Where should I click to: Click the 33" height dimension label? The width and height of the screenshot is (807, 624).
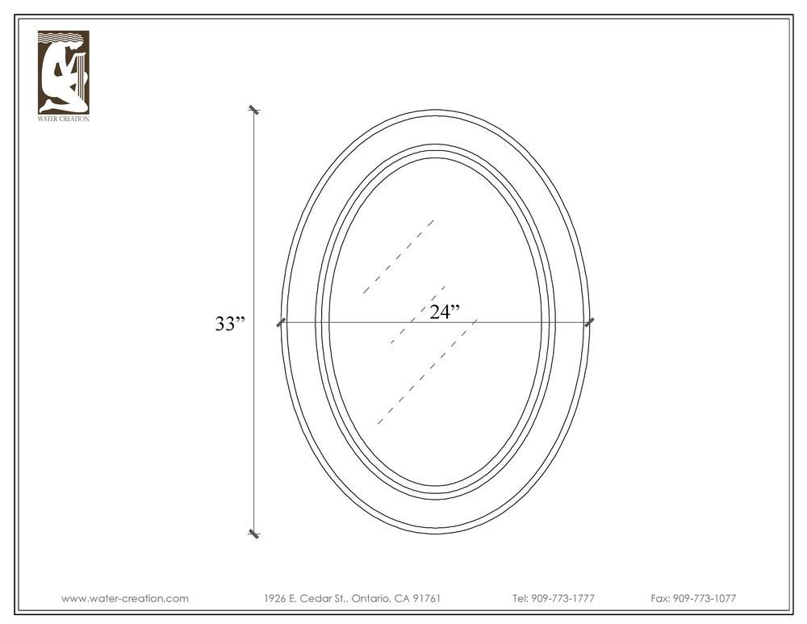click(x=230, y=324)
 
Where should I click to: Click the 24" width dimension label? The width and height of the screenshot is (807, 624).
click(x=445, y=312)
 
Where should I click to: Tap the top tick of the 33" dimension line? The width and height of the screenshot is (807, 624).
click(x=253, y=110)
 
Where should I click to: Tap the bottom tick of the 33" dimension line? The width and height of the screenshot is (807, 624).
click(x=253, y=534)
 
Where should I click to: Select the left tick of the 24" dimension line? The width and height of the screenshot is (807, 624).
click(x=281, y=323)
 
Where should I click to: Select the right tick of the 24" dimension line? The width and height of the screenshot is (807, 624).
click(x=589, y=323)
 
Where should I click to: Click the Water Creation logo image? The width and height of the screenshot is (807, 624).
click(x=63, y=72)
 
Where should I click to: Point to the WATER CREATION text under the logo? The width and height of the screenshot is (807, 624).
click(x=63, y=119)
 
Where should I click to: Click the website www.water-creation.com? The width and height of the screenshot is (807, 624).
click(x=125, y=598)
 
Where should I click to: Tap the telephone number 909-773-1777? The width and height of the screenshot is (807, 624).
click(x=562, y=598)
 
